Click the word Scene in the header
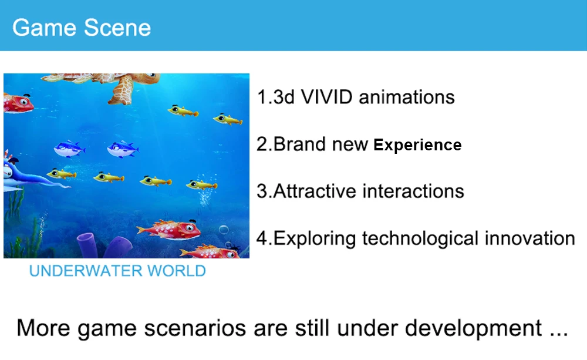pos(117,28)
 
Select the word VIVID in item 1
pos(326,97)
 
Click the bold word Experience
pos(417,145)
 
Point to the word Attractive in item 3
pos(315,191)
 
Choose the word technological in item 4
pos(420,239)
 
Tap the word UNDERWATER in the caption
pos(86,271)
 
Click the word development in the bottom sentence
pos(473,328)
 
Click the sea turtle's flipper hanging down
pos(121,90)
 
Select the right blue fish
pos(123,149)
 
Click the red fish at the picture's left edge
pos(18,103)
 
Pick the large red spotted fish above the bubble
pos(169,230)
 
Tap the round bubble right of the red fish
pos(224,230)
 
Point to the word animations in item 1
pos(407,97)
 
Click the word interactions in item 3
pos(413,191)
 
